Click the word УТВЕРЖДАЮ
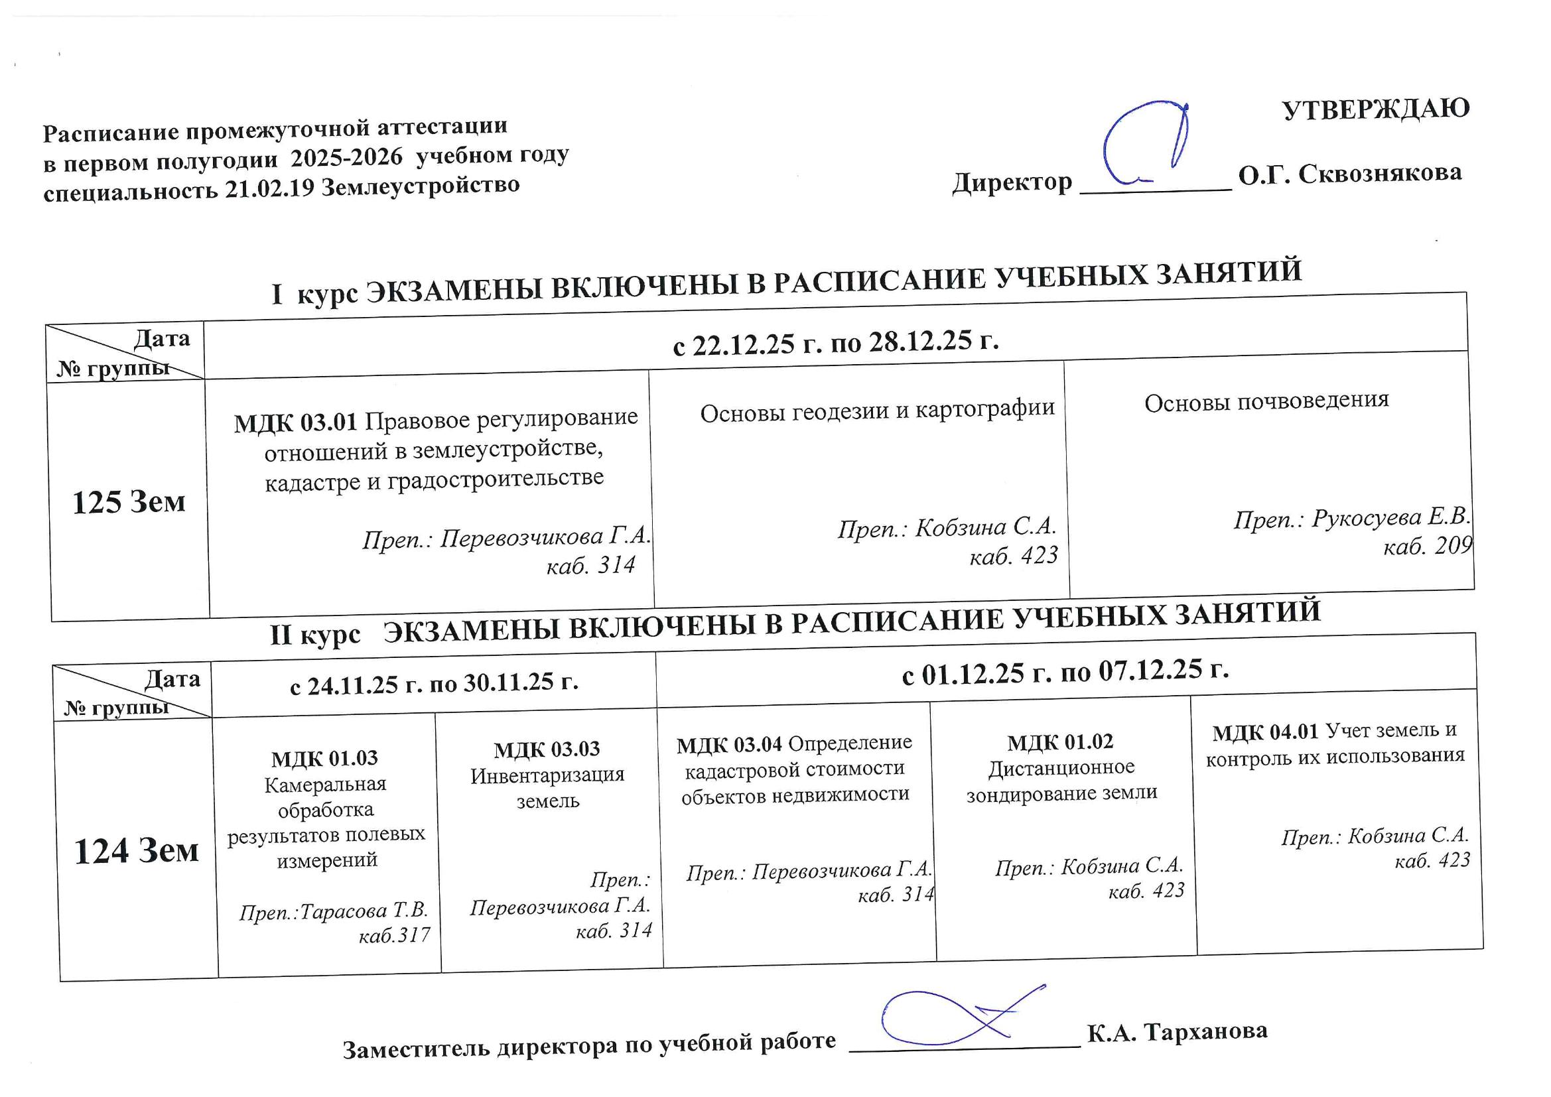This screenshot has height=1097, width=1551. [1375, 109]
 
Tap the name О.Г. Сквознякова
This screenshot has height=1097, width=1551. [1350, 174]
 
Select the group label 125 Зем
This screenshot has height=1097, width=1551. [128, 502]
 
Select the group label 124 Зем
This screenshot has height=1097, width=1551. [136, 850]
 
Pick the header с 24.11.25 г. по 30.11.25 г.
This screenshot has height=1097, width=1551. [434, 684]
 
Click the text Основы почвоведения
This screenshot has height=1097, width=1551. [1266, 401]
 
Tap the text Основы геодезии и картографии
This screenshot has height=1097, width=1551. [877, 410]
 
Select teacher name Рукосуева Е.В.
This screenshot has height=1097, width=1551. [1391, 517]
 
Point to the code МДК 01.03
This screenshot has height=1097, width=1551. [324, 759]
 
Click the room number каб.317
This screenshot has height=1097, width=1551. [395, 936]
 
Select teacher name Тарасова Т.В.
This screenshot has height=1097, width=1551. [364, 911]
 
